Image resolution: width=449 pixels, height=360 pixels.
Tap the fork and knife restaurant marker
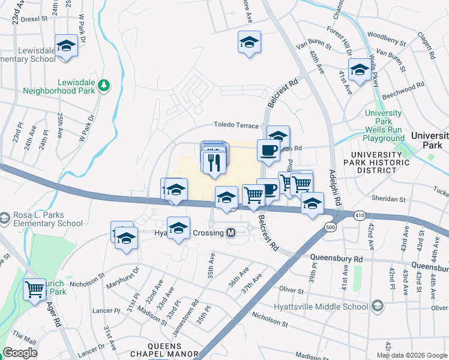(x=214, y=161)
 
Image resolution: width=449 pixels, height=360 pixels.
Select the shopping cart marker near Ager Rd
(x=35, y=290)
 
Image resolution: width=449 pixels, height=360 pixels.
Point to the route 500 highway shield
(x=330, y=227)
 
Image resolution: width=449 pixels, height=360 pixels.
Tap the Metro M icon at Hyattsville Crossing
(x=231, y=233)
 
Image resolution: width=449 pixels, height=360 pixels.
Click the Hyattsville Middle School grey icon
(x=376, y=307)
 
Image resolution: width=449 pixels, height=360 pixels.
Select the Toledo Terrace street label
(x=237, y=125)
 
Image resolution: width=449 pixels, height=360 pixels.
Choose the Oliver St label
(x=292, y=290)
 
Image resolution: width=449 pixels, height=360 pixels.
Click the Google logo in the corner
(x=20, y=353)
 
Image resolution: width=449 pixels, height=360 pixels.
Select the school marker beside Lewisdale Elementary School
(x=66, y=46)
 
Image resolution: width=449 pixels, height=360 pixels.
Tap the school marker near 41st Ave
(x=359, y=70)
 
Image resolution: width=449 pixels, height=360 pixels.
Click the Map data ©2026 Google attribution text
(x=412, y=355)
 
